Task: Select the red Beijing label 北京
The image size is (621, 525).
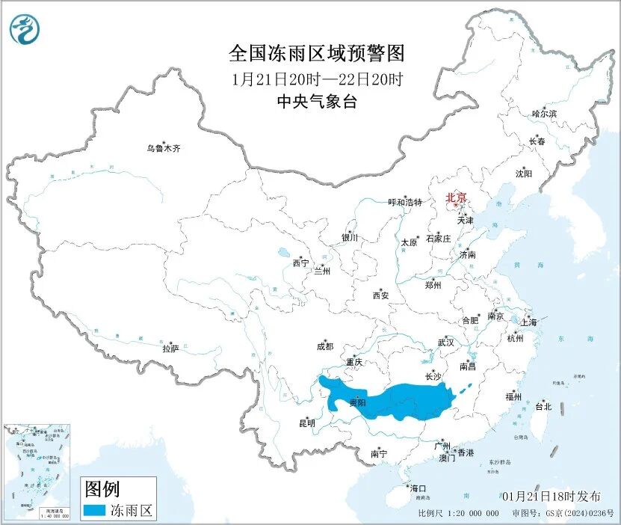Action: pos(456,198)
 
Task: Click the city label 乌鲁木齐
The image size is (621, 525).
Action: pos(163,148)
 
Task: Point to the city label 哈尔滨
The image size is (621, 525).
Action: pos(544,114)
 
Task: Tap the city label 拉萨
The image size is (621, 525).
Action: pos(170,348)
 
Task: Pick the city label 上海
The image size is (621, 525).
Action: pos(528,322)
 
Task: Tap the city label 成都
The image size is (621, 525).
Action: pos(325,346)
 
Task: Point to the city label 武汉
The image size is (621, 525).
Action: pos(446,342)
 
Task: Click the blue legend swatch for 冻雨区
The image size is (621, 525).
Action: pos(93,511)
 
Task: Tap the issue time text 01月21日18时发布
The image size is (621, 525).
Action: pos(551,497)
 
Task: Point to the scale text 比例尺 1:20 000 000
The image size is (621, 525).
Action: pos(458,514)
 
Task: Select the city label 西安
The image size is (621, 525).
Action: pos(380,295)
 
